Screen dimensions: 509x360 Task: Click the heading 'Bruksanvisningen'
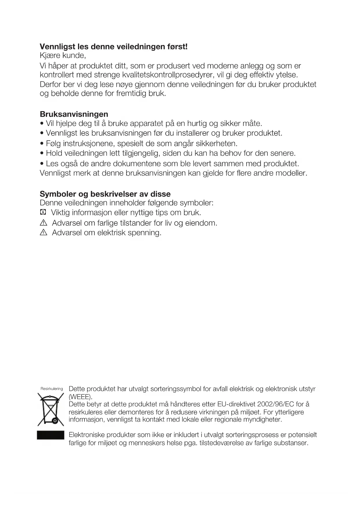click(x=74, y=114)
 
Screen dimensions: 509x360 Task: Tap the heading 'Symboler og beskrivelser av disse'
click(x=105, y=194)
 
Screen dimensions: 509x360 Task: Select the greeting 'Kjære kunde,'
click(x=63, y=55)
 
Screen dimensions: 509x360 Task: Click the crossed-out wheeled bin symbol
click(x=50, y=409)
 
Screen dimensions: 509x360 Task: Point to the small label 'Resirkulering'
click(x=52, y=389)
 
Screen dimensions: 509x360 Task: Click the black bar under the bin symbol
click(x=50, y=435)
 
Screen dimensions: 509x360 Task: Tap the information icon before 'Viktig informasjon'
click(x=43, y=213)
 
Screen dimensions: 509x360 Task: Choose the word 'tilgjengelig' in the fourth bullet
click(x=138, y=153)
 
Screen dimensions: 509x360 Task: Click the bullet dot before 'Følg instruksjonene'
click(x=42, y=144)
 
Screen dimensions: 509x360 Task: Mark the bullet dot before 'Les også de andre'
click(x=42, y=164)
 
